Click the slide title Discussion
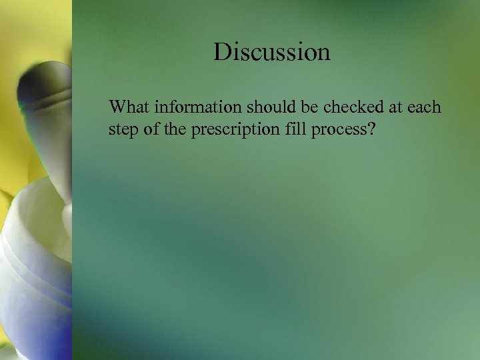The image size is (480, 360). [x=272, y=51]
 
